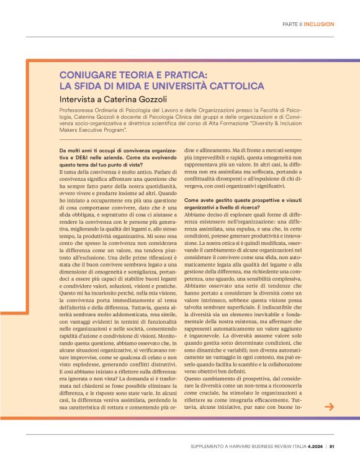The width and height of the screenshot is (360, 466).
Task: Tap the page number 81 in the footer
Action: (332, 445)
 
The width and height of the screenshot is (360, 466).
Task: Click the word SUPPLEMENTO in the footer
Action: (209, 445)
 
